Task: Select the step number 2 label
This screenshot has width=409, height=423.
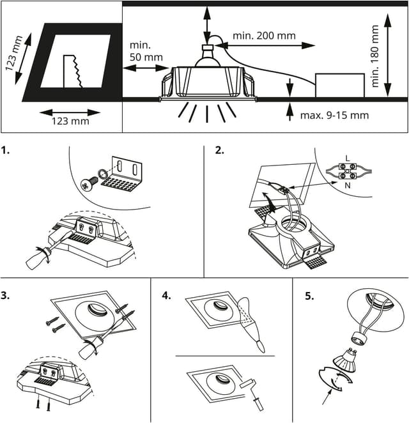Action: (x=219, y=151)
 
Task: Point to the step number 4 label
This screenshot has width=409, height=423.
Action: (x=167, y=296)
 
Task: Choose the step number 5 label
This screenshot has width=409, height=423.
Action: (x=309, y=296)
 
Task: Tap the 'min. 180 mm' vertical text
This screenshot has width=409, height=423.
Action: (x=376, y=56)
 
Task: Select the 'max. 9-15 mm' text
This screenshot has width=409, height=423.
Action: (x=334, y=116)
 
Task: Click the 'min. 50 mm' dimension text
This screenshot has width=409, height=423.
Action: (x=146, y=51)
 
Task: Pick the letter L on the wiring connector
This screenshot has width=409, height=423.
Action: (x=346, y=158)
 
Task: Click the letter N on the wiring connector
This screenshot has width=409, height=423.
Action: (x=346, y=185)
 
